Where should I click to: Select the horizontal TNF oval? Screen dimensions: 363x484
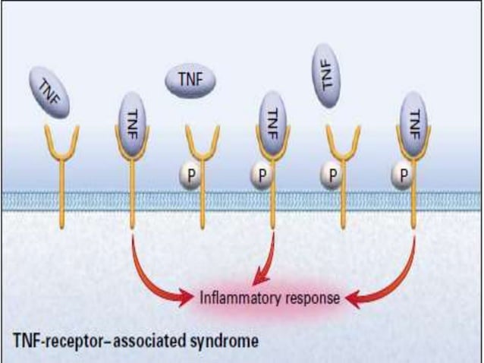[190, 78]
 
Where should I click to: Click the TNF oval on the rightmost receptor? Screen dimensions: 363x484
[413, 119]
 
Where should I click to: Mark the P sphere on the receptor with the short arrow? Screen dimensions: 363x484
[260, 175]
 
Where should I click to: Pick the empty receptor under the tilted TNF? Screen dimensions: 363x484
[61, 175]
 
